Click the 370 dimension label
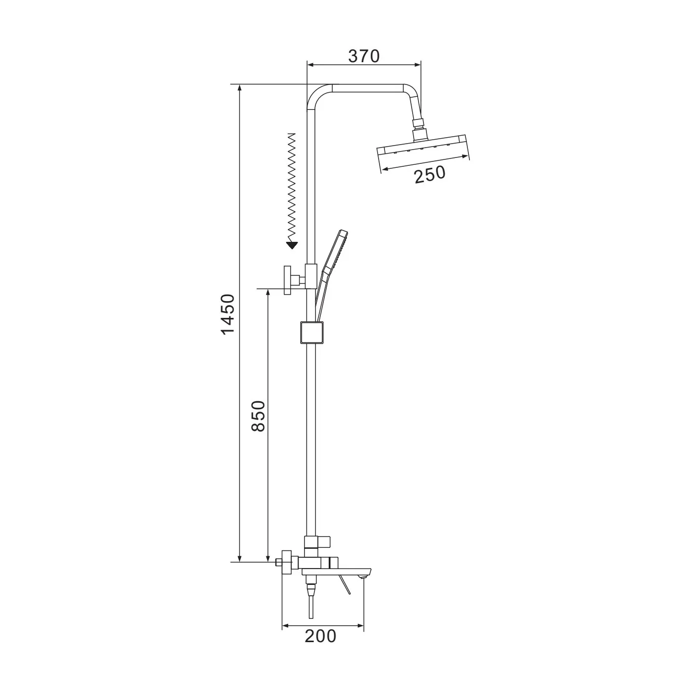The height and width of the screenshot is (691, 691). click(364, 56)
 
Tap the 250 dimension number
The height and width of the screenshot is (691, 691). click(429, 175)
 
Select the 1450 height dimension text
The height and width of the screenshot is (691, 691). click(228, 314)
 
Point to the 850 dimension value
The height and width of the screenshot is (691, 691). click(258, 416)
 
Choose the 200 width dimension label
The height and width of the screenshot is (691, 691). click(321, 636)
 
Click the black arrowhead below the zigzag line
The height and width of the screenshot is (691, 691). click(292, 245)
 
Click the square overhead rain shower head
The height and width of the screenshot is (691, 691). click(423, 148)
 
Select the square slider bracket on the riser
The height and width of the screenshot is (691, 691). click(312, 332)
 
